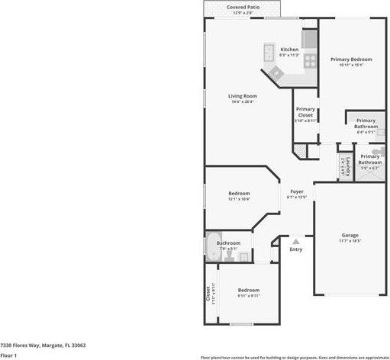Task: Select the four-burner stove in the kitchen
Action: coord(311,60)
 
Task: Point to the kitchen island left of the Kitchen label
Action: coord(270,53)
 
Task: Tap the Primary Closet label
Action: coord(305,114)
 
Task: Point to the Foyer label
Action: coord(296,193)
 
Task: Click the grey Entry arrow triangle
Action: coord(295,242)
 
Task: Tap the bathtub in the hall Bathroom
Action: coord(212,248)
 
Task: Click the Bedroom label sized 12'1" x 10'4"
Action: coord(239,196)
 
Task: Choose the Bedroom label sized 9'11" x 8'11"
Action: coord(248,291)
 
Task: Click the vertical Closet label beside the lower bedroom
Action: coord(209,293)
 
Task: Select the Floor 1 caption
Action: coord(8,355)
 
